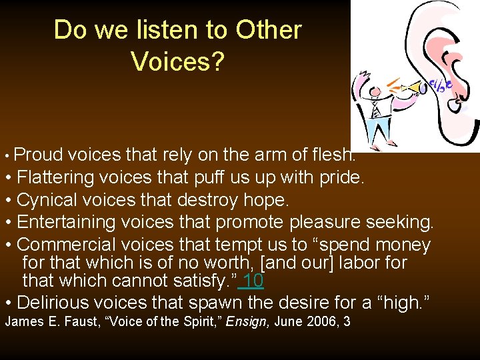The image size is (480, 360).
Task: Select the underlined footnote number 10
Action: click(253, 281)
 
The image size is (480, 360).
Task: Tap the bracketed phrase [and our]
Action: click(307, 263)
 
